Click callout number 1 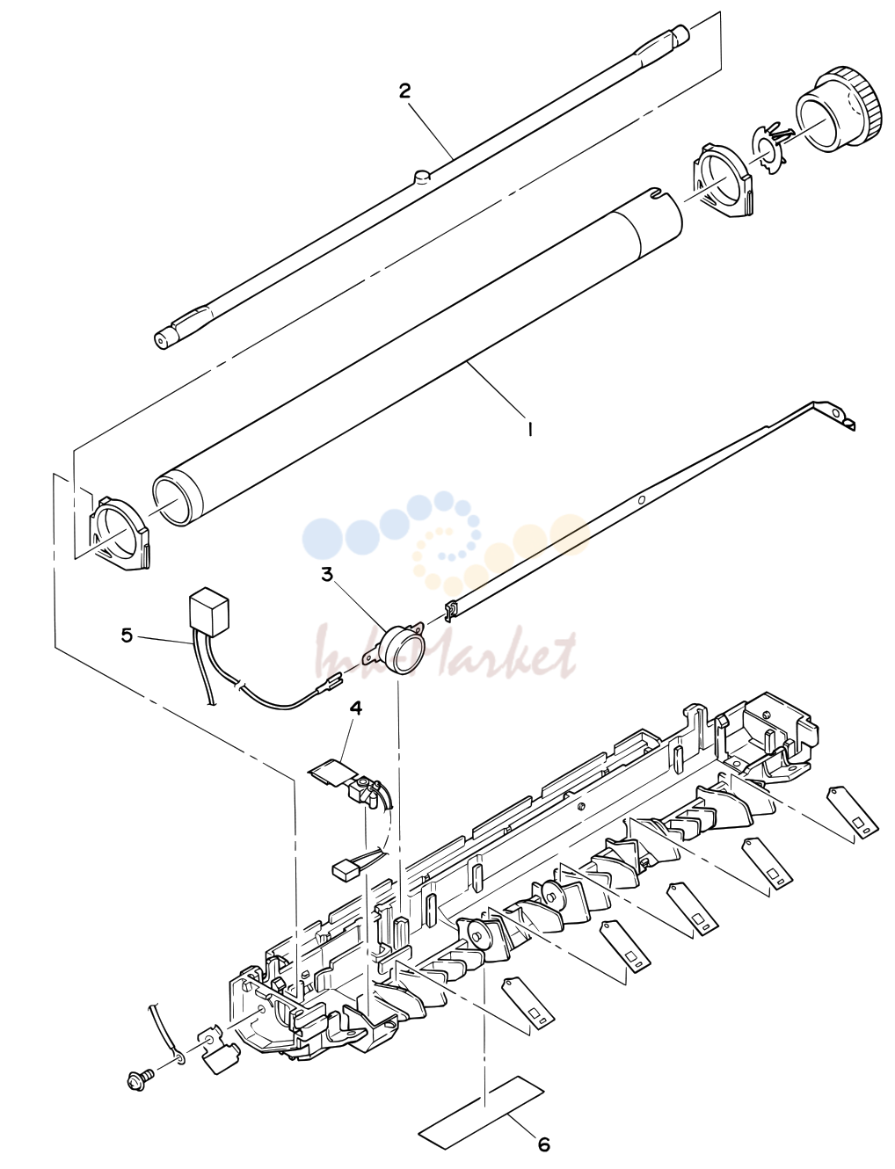[x=529, y=429]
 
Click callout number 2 [x=405, y=91]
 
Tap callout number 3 [x=326, y=575]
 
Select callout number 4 [x=355, y=708]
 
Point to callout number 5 [x=127, y=635]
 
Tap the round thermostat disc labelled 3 [x=404, y=650]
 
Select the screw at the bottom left [x=140, y=1077]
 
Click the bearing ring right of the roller [x=723, y=181]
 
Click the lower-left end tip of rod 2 [x=159, y=340]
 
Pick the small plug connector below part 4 [x=346, y=871]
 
